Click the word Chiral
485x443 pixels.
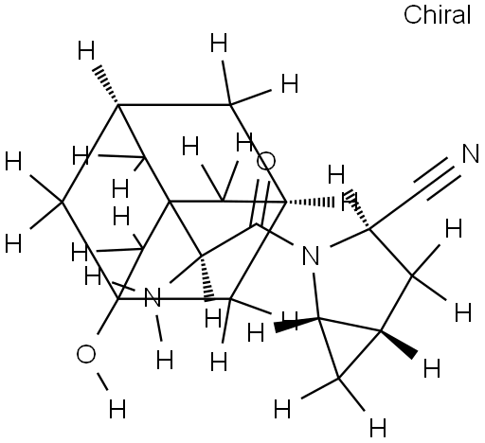point(437,14)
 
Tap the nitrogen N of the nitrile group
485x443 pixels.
point(471,153)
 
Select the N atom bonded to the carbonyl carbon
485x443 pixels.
point(311,256)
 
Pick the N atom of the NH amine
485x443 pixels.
point(153,297)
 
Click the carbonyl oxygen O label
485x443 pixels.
point(266,161)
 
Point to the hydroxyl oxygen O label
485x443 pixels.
point(86,354)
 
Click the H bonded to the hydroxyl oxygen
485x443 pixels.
point(117,409)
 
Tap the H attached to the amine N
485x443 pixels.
point(165,360)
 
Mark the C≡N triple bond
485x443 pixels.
point(437,178)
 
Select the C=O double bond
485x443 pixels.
point(260,203)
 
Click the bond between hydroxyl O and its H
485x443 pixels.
point(103,381)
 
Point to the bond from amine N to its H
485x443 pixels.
point(159,328)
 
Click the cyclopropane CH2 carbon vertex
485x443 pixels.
point(339,378)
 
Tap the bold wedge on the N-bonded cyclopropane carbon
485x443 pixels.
point(296,325)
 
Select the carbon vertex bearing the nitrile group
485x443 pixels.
point(368,228)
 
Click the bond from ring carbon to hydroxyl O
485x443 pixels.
point(108,316)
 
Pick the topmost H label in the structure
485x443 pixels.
point(219,43)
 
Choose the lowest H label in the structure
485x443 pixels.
point(378,428)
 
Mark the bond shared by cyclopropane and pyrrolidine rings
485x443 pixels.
point(350,325)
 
